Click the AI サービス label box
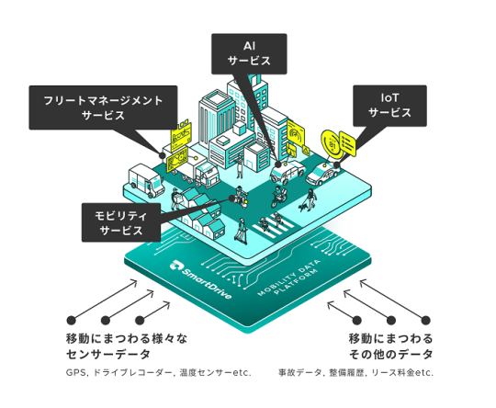[x=249, y=54]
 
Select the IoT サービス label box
[x=389, y=106]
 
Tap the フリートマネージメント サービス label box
[x=103, y=108]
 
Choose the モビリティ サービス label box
[x=121, y=222]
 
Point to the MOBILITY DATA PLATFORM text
[x=288, y=278]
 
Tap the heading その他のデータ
[x=390, y=354]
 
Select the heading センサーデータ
[x=108, y=354]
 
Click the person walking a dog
[x=309, y=199]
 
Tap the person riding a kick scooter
[x=241, y=230]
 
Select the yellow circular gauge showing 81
[x=332, y=143]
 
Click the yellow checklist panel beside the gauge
[x=347, y=144]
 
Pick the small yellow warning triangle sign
[x=306, y=150]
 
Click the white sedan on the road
[x=323, y=174]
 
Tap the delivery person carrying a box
[x=175, y=198]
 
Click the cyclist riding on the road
[x=279, y=197]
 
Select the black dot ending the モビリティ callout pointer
[x=231, y=198]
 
